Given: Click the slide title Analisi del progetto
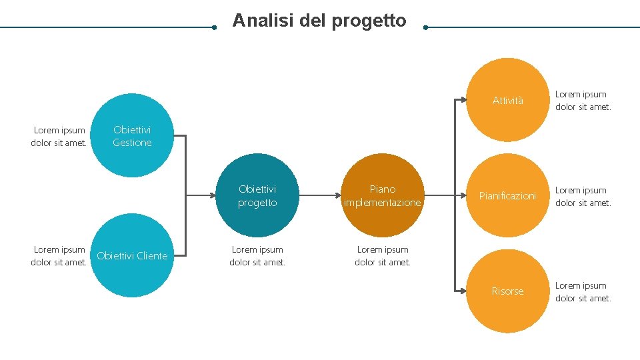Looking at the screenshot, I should point(319,21).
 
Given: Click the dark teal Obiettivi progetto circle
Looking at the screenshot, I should point(257,196).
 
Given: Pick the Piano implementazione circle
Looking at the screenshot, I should point(383,196).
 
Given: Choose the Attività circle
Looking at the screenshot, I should point(508,101).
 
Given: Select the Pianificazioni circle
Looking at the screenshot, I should point(508,196).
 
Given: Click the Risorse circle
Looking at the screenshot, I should point(508,291).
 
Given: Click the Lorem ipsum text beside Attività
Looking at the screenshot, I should point(583,101).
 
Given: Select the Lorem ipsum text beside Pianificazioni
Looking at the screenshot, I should point(583,196).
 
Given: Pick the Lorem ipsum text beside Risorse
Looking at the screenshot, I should point(583,291).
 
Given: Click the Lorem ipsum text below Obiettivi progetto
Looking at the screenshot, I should point(257,255).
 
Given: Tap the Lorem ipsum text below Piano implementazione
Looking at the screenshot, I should point(383,255).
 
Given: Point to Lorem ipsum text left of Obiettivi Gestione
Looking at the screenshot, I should point(59,136).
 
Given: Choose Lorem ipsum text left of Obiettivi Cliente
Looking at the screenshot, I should point(59,255).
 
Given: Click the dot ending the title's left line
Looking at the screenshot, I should point(213,28).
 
